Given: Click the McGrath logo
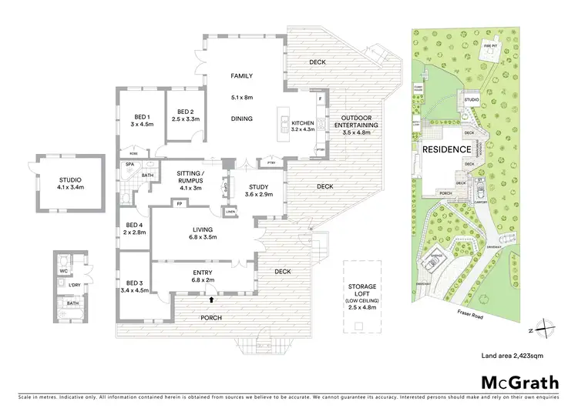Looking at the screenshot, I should (x=519, y=383).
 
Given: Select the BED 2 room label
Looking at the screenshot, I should (x=185, y=115).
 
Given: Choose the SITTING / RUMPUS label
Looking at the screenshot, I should (x=189, y=178).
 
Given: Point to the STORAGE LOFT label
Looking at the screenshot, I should (x=361, y=293).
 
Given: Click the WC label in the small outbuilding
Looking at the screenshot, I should (x=63, y=270).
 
